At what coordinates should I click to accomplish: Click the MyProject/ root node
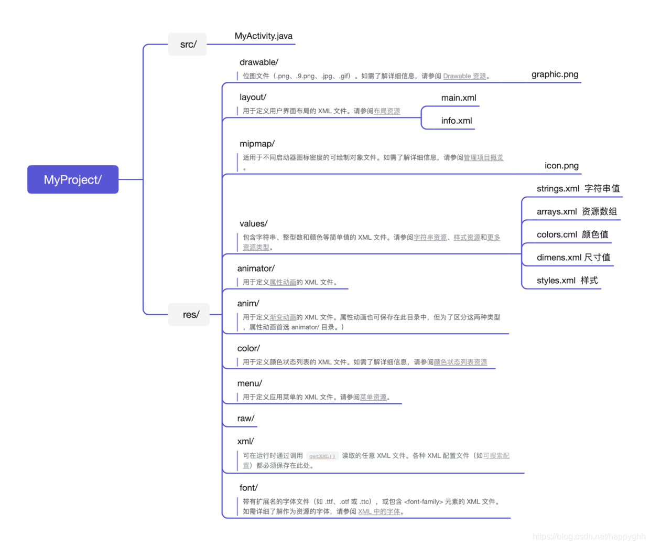[x=73, y=179]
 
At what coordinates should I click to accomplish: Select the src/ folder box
[x=188, y=45]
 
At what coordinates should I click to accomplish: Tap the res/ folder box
[x=190, y=315]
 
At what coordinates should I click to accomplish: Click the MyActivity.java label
[x=263, y=36]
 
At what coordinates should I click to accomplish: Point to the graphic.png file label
[x=555, y=74]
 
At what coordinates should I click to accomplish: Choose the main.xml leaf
[x=459, y=98]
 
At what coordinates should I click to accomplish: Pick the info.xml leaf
[x=457, y=121]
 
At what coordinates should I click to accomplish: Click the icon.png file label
[x=561, y=166]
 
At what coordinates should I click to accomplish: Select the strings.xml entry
[x=558, y=189]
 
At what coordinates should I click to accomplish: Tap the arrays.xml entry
[x=557, y=212]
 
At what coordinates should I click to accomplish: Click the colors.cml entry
[x=557, y=235]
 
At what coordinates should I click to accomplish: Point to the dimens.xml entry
[x=559, y=258]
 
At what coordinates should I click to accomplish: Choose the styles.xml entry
[x=556, y=281]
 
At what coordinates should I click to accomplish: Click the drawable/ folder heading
[x=259, y=62]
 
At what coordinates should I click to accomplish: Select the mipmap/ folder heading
[x=257, y=144]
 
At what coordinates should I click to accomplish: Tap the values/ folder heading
[x=254, y=224]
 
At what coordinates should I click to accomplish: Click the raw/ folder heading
[x=246, y=419]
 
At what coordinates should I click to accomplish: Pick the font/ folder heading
[x=248, y=488]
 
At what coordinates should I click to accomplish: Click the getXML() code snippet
[x=322, y=456]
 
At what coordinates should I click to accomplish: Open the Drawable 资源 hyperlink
[x=464, y=76]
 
